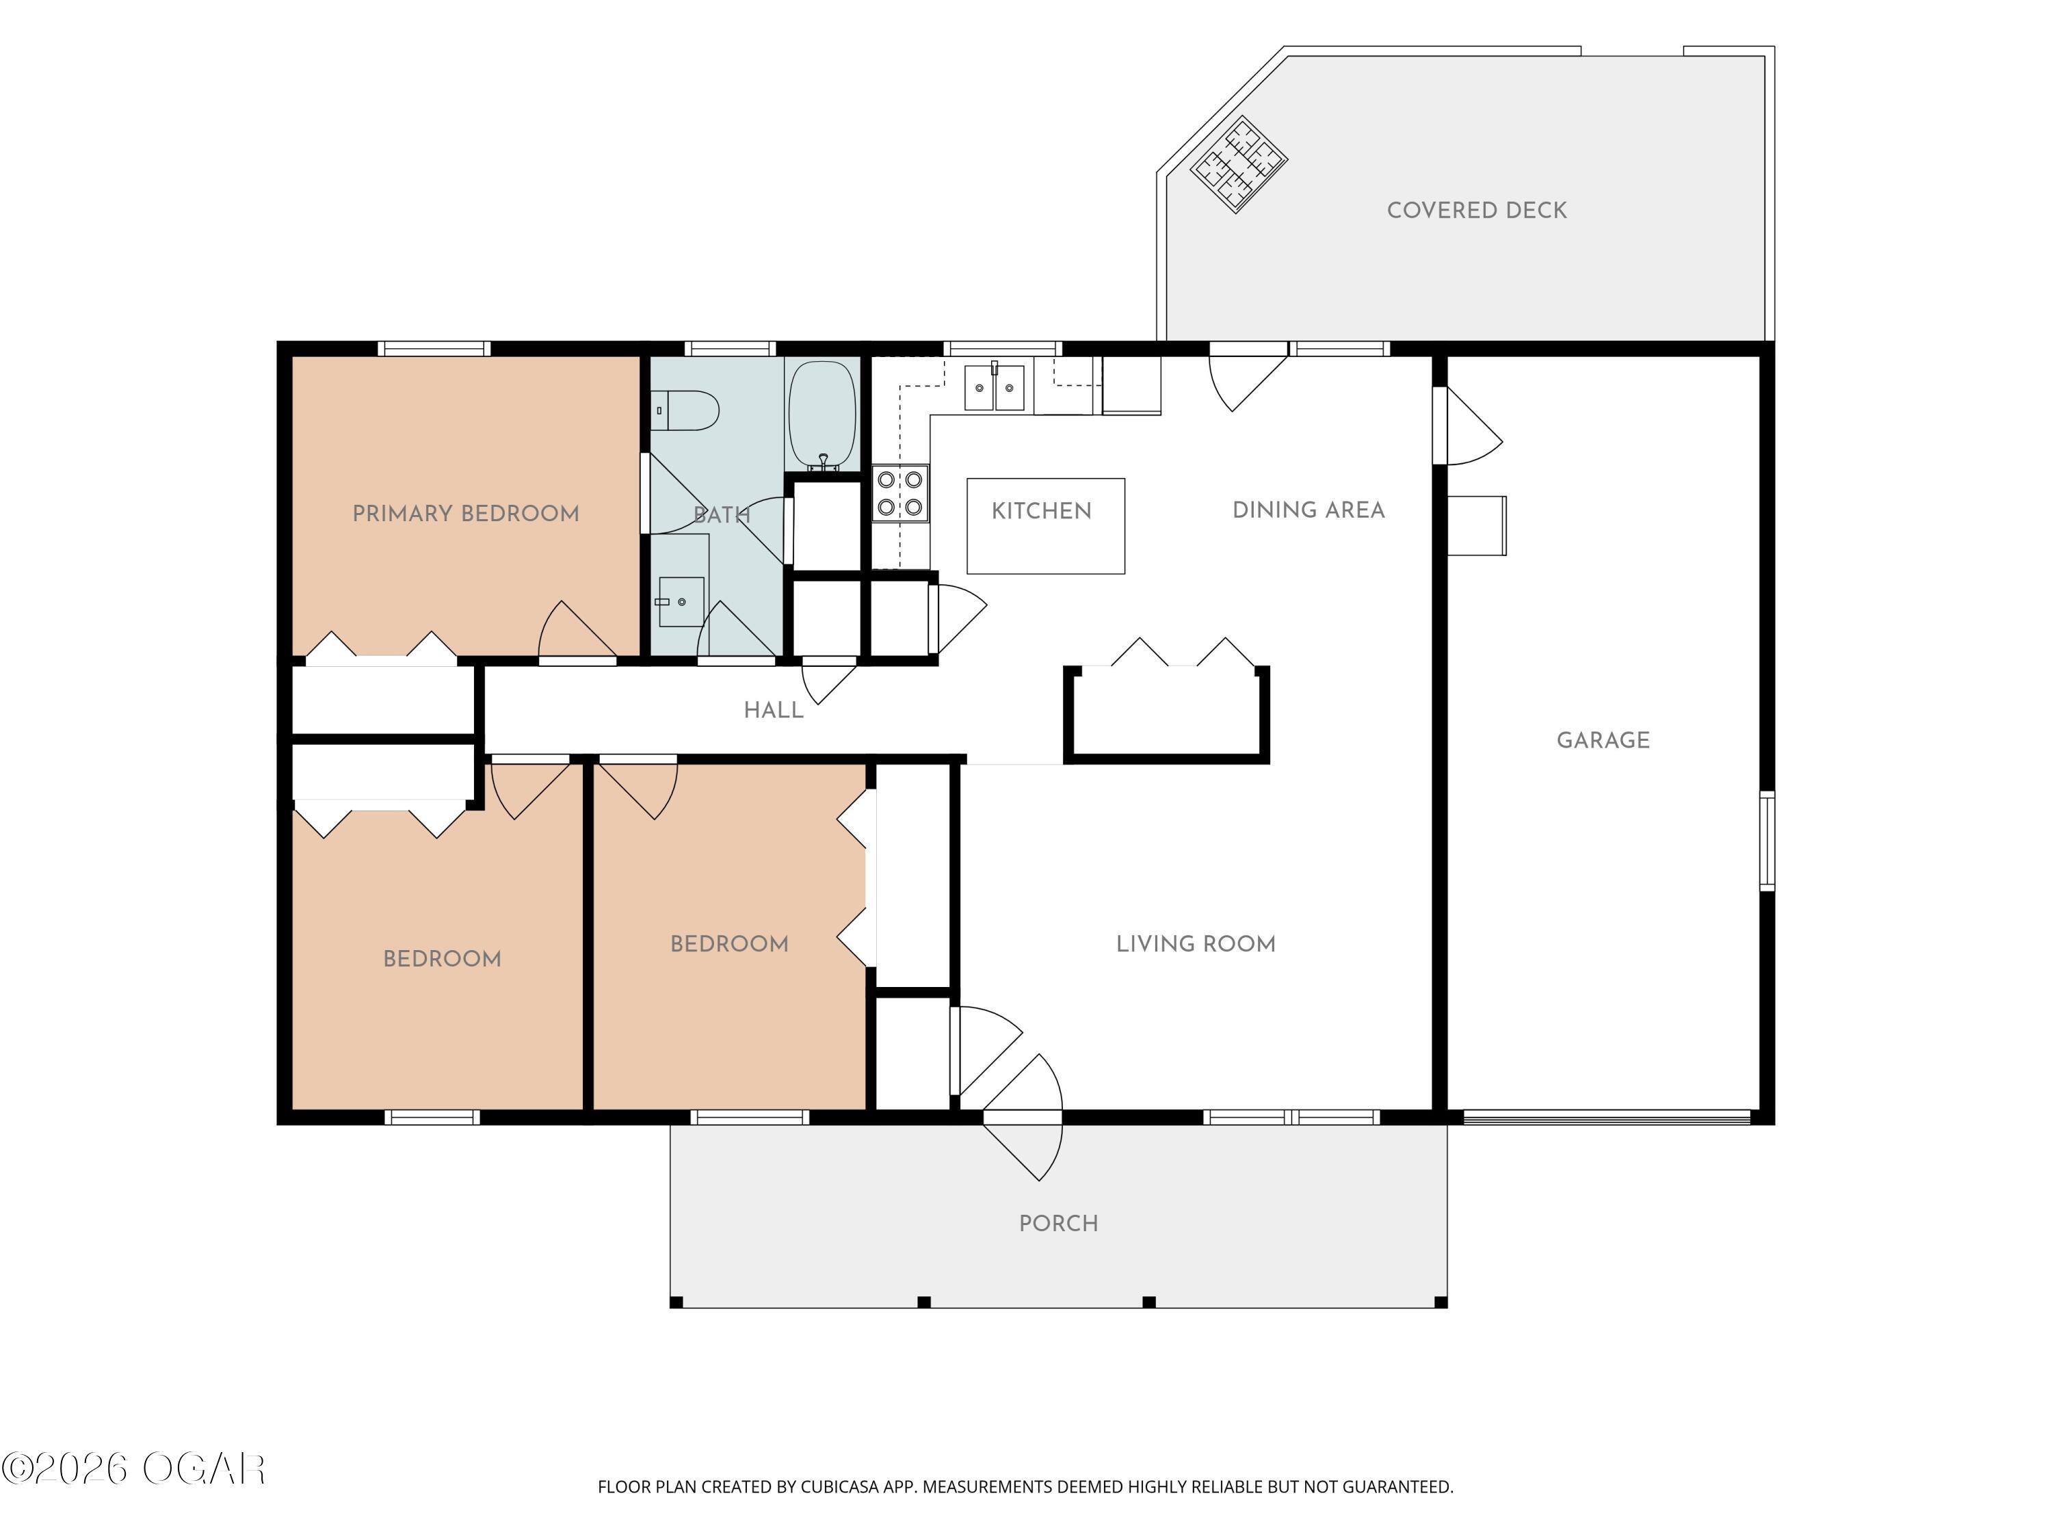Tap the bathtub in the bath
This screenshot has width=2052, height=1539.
click(x=822, y=414)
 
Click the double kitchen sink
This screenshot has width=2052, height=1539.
click(x=995, y=387)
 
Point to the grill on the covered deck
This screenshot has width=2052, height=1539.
click(x=1239, y=164)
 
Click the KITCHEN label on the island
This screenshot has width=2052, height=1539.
click(x=1041, y=511)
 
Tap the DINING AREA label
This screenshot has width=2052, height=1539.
click(x=1308, y=510)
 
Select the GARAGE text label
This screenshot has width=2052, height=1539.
click(x=1603, y=740)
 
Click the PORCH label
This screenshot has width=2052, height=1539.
click(x=1058, y=1224)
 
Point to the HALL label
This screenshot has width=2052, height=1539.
click(x=773, y=711)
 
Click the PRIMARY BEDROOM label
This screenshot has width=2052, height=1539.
click(x=466, y=514)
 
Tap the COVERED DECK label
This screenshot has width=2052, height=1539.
click(x=1477, y=211)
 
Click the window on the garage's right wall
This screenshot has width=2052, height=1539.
click(x=1767, y=841)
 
